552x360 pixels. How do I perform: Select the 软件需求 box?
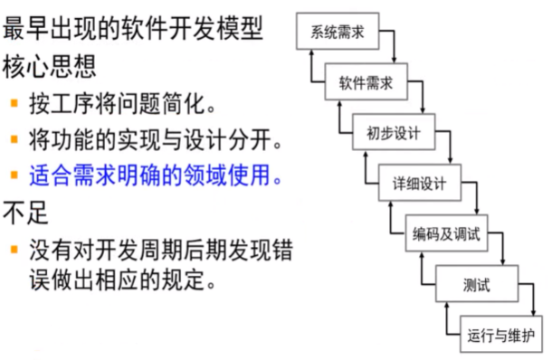[x=366, y=83]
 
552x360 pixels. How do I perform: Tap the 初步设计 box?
[x=395, y=133]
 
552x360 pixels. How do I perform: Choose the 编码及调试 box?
[x=445, y=235]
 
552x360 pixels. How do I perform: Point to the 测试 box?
[x=475, y=285]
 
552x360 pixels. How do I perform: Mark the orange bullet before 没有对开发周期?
[x=14, y=246]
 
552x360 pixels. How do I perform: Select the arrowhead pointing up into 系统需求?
[x=313, y=52]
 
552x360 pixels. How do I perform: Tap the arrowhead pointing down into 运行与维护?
[x=532, y=312]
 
